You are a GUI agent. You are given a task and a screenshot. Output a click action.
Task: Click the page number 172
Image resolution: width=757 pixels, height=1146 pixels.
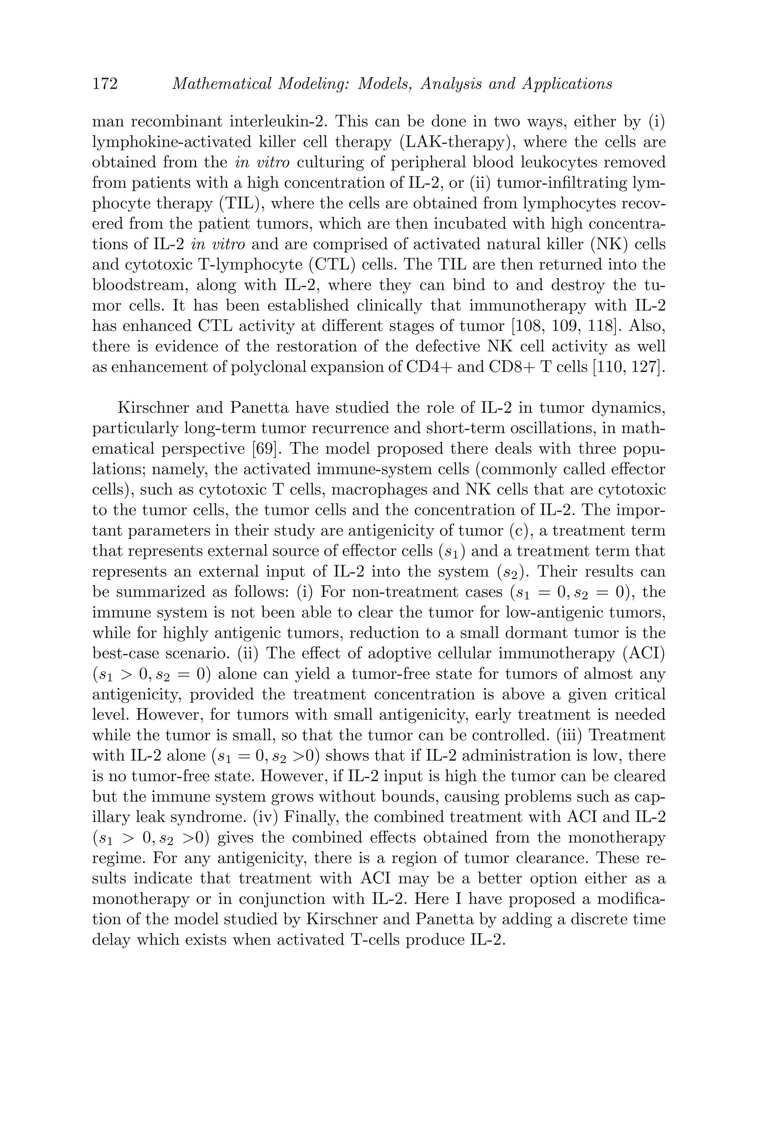[x=105, y=84]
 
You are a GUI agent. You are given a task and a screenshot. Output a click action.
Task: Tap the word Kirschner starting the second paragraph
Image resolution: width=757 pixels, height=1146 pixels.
[x=153, y=408]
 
